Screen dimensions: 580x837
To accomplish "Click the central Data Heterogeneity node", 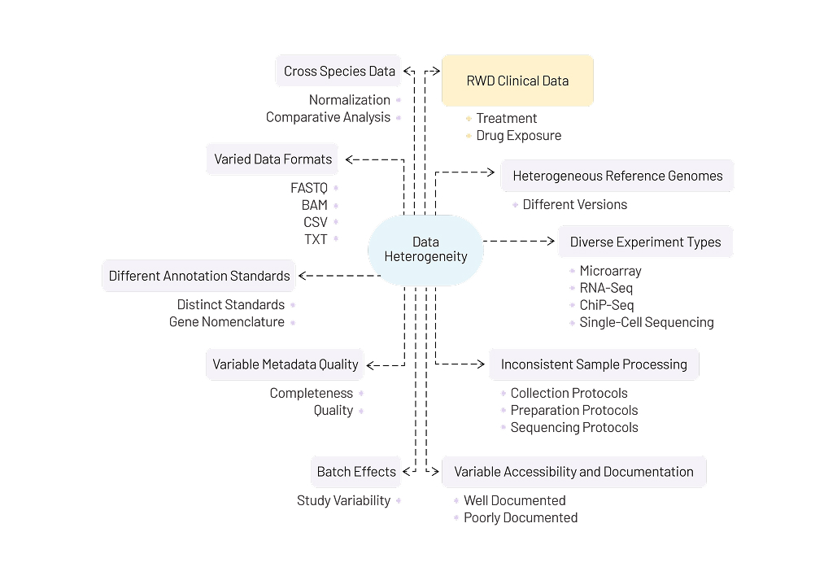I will pyautogui.click(x=425, y=250).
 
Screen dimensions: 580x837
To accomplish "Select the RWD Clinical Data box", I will pyautogui.click(x=517, y=81).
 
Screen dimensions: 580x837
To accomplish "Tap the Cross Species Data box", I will pyautogui.click(x=339, y=71).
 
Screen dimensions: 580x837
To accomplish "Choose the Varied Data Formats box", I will pyautogui.click(x=273, y=159).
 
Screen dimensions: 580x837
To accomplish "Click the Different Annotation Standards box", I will pyautogui.click(x=199, y=276).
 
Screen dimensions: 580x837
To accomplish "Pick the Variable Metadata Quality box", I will pyautogui.click(x=286, y=364).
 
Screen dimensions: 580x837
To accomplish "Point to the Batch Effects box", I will pyautogui.click(x=356, y=472).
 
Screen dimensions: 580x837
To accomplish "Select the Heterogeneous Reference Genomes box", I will pyautogui.click(x=617, y=176).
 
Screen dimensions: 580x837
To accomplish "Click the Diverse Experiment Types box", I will pyautogui.click(x=645, y=242).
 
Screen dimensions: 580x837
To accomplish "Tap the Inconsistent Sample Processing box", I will pyautogui.click(x=594, y=364).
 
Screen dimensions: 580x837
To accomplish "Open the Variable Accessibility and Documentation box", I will pyautogui.click(x=573, y=472).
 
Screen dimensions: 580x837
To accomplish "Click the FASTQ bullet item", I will pyautogui.click(x=309, y=188).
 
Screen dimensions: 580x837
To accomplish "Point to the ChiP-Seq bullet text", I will pyautogui.click(x=606, y=305).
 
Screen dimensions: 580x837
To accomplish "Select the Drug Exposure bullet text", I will pyautogui.click(x=519, y=136).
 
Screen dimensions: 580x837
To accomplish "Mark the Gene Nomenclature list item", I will pyautogui.click(x=227, y=322).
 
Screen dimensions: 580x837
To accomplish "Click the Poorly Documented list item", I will pyautogui.click(x=521, y=518).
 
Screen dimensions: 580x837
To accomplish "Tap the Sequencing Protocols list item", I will pyautogui.click(x=574, y=428).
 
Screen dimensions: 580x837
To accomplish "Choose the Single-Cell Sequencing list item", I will pyautogui.click(x=647, y=322).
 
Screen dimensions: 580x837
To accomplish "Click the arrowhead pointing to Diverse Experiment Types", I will pyautogui.click(x=550, y=242).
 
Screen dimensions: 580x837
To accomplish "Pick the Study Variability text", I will pyautogui.click(x=343, y=501).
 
